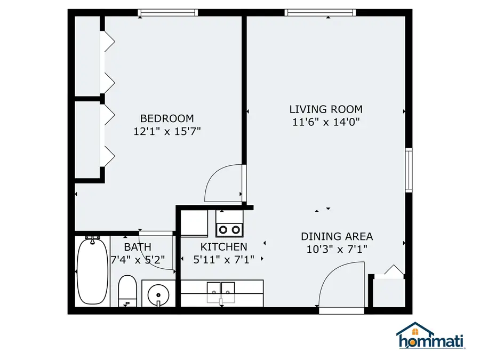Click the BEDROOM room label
coord(167,118)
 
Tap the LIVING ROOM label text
coord(326,109)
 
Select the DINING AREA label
coord(337,236)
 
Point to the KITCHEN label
coord(223,247)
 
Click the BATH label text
coord(138,247)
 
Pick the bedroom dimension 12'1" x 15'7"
coord(167,131)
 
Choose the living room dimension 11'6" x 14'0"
coord(326,122)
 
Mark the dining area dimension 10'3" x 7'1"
coord(337,249)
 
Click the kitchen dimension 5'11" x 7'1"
coord(223,260)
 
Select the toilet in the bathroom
coord(127,291)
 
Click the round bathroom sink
coord(158,294)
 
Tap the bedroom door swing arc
coord(223,184)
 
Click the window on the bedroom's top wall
coord(167,13)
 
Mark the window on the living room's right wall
coord(409,170)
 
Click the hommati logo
coord(430,337)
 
